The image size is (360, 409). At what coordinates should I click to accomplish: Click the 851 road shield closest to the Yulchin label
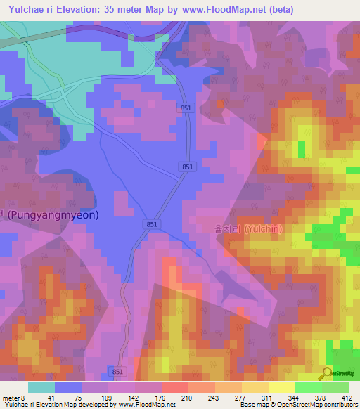153,223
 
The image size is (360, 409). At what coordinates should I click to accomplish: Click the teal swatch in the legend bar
41,387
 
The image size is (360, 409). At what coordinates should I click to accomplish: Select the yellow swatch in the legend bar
281,387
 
